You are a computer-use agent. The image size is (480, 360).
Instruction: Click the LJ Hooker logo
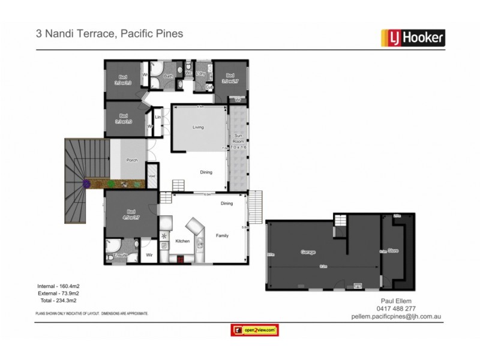[x=413, y=38]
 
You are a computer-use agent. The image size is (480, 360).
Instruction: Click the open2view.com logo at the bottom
[x=254, y=330]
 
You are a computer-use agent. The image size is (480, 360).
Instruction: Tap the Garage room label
[x=308, y=252]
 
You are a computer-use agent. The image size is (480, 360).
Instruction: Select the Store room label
[x=393, y=250]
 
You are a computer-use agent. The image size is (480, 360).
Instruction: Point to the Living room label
[x=198, y=127]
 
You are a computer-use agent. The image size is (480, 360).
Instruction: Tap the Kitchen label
[x=182, y=241]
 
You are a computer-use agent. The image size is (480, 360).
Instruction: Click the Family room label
[x=223, y=236]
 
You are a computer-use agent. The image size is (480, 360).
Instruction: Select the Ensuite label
[x=121, y=256]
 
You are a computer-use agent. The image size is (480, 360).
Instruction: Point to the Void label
[x=152, y=176]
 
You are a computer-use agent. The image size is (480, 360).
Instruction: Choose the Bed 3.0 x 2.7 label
[x=230, y=78]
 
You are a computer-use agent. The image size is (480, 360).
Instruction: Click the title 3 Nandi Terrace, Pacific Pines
[x=110, y=34]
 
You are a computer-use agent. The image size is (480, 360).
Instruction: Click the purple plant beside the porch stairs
[x=86, y=183]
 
